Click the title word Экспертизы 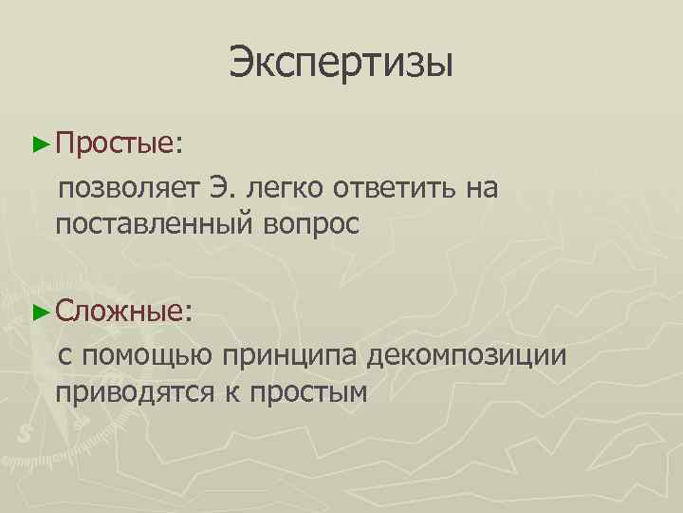coord(341,64)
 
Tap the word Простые coord(113,144)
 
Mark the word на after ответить coord(482,189)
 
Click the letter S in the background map coord(23,433)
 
